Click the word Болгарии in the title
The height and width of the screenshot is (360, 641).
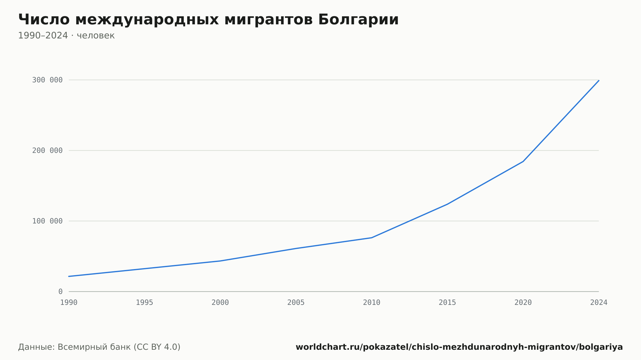pyautogui.click(x=358, y=20)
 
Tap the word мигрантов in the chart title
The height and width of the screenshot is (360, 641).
pyautogui.click(x=269, y=20)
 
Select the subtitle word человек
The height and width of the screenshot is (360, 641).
pyautogui.click(x=96, y=36)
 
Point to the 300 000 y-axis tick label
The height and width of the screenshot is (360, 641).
pyautogui.click(x=47, y=80)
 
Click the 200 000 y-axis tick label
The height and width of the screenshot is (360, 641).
pyautogui.click(x=47, y=151)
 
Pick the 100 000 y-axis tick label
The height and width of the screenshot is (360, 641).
pyautogui.click(x=47, y=221)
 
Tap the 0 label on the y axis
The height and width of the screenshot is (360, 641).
pyautogui.click(x=61, y=291)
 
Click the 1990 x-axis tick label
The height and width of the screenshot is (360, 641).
pyautogui.click(x=69, y=303)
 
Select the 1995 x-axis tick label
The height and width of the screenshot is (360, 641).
pyautogui.click(x=145, y=303)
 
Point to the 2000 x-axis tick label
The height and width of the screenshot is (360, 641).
pyautogui.click(x=220, y=303)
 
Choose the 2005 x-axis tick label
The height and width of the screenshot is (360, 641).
pyautogui.click(x=296, y=303)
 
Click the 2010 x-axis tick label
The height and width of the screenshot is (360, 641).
pyautogui.click(x=372, y=303)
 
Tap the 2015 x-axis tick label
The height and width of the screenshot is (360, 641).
pyautogui.click(x=447, y=303)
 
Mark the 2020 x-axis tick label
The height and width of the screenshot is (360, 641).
pyautogui.click(x=523, y=303)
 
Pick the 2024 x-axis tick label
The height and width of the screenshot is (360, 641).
pyautogui.click(x=599, y=303)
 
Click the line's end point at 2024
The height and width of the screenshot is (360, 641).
pyautogui.click(x=599, y=80)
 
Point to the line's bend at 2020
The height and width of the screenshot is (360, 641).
pyautogui.click(x=523, y=161)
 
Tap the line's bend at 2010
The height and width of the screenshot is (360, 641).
pyautogui.click(x=372, y=238)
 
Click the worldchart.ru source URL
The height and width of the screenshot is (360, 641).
pyautogui.click(x=459, y=347)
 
